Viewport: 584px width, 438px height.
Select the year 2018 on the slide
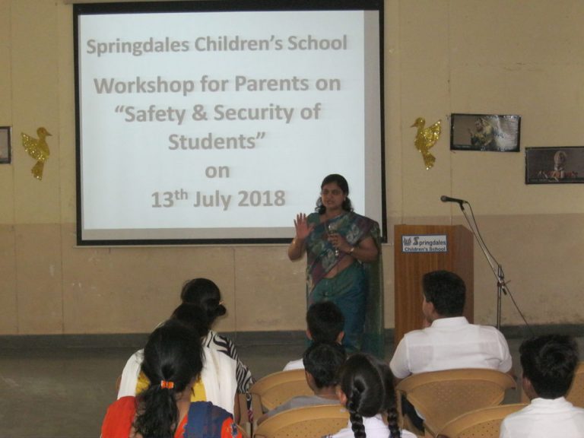[x=262, y=198]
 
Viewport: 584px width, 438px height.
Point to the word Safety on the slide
[x=154, y=113]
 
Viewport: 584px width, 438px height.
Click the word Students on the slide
[x=217, y=141]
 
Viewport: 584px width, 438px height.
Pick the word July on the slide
[x=212, y=199]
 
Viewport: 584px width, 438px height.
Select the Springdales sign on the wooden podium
[x=424, y=243]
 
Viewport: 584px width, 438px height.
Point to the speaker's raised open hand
[x=303, y=226]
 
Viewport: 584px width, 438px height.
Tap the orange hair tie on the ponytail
[x=167, y=384]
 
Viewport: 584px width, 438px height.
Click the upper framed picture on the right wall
[x=485, y=132]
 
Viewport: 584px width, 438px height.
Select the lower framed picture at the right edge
[x=554, y=165]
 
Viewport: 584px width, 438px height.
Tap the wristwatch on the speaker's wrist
[x=351, y=251]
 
